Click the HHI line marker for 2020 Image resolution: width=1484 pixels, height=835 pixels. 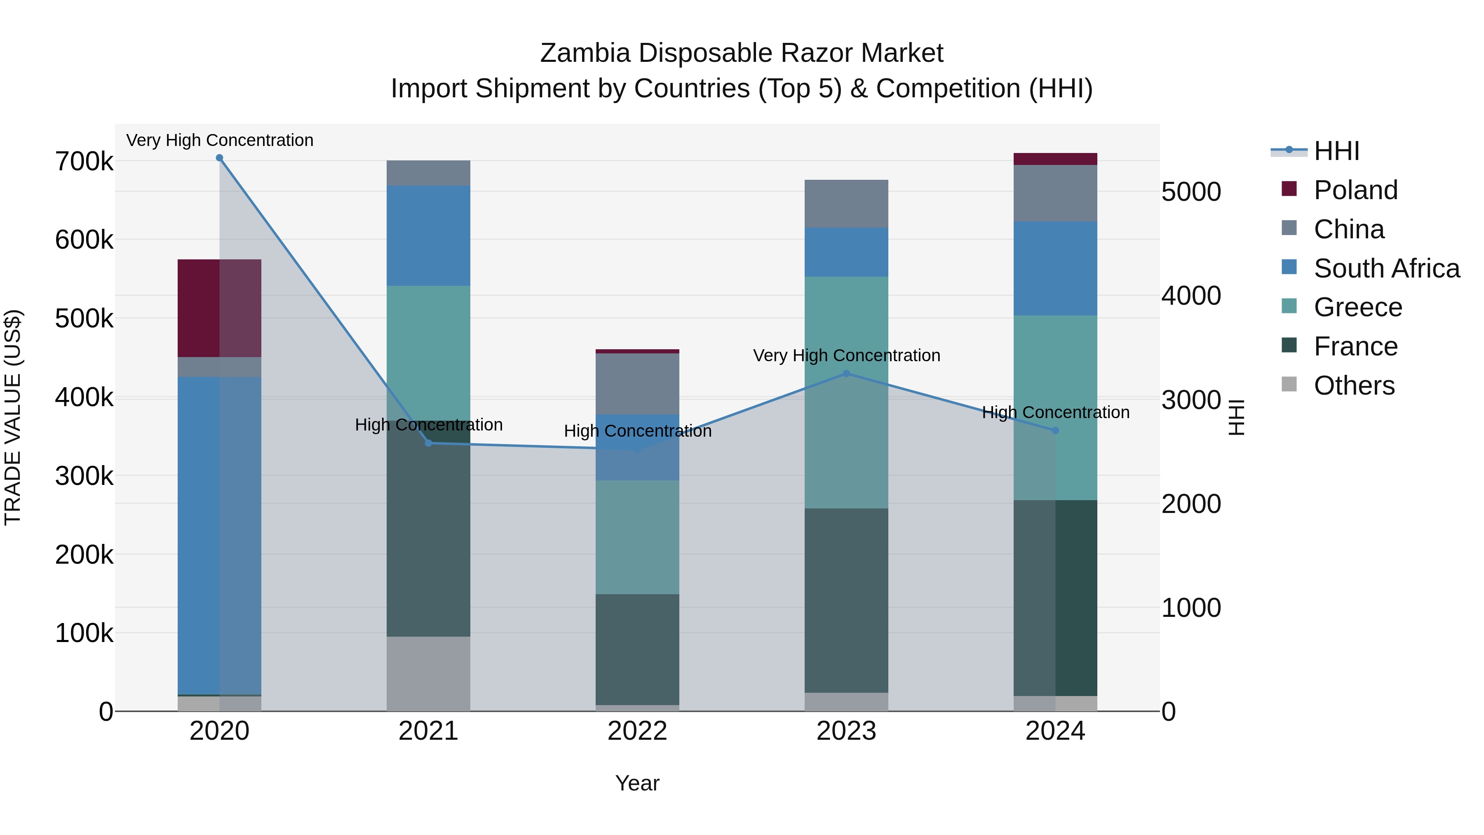coord(219,158)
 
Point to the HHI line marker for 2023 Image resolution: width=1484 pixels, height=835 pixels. coord(846,374)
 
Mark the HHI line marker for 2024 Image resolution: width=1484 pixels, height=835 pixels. coord(1055,430)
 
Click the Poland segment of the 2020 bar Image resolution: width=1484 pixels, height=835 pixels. coord(219,308)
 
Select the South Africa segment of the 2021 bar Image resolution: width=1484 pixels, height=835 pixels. coord(428,236)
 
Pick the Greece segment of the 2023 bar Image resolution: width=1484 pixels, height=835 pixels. coord(846,392)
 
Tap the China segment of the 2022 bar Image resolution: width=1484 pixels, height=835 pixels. coord(637,384)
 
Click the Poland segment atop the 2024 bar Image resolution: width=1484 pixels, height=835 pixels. coord(1055,159)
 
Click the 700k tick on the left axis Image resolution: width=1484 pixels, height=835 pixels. coord(84,162)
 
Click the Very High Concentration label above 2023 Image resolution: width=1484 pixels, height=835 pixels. coord(846,355)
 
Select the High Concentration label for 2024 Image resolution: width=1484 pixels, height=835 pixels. coord(1055,413)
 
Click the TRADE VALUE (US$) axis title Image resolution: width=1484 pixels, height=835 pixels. coord(13,417)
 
